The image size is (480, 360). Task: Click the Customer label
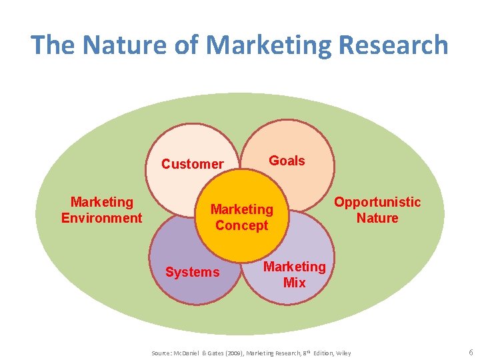(193, 164)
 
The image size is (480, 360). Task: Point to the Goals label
(287, 161)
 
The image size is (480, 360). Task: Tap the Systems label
(193, 272)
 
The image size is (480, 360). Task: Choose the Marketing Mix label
(295, 275)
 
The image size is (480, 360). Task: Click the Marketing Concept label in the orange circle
(242, 217)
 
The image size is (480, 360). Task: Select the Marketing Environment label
(102, 210)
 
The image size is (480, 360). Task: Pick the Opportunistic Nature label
(377, 210)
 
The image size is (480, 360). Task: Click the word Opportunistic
(377, 202)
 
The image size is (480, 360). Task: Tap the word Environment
(102, 218)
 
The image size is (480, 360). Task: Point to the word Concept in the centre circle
(242, 225)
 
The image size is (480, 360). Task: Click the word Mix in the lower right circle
(295, 283)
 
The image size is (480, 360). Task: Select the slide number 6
(471, 352)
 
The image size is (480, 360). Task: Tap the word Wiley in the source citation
(343, 353)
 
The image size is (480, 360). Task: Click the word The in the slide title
(53, 45)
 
